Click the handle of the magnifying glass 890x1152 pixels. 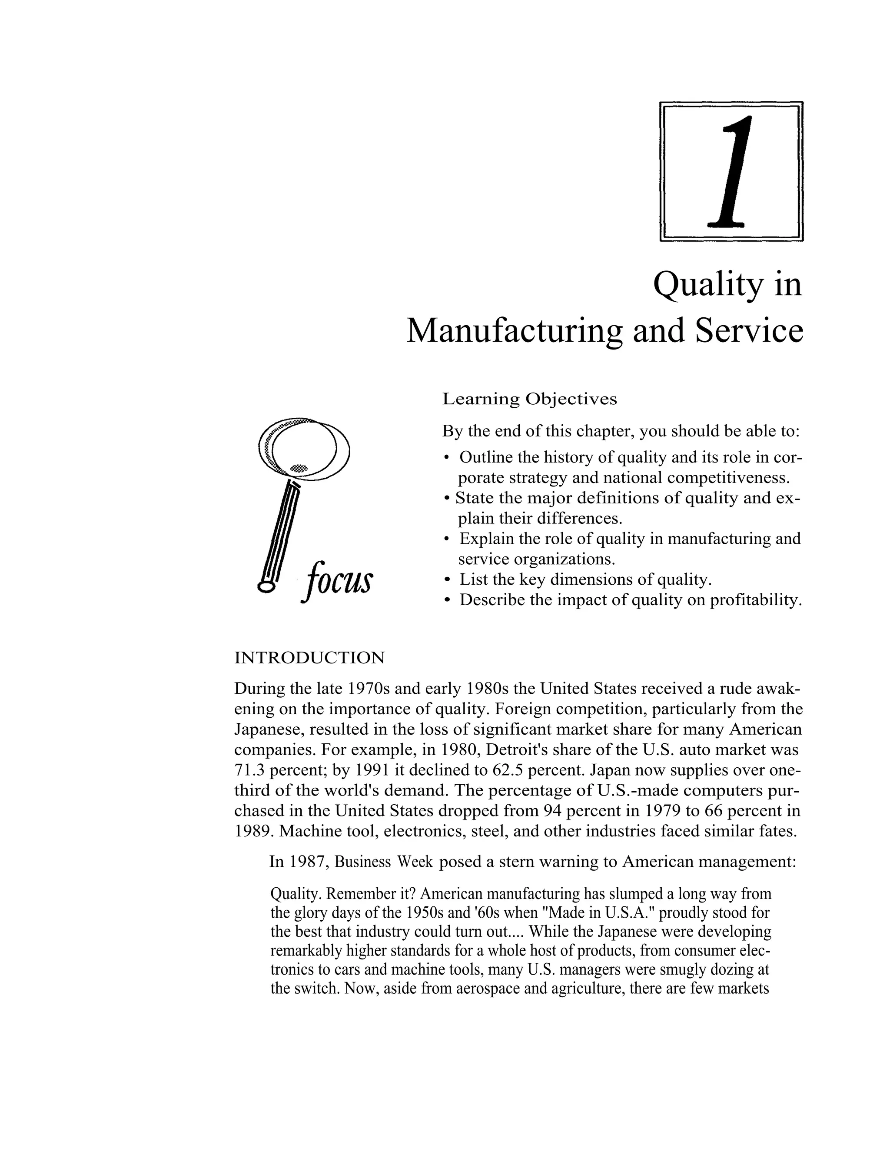pos(279,533)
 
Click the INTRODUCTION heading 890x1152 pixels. pos(309,658)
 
